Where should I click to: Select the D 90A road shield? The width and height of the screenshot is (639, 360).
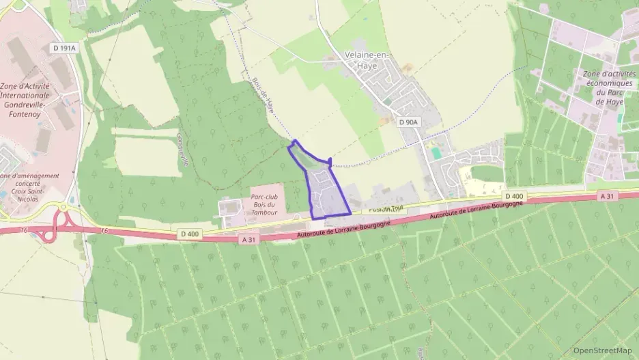[x=407, y=122]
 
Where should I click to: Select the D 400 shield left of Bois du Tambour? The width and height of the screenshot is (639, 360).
[x=190, y=234]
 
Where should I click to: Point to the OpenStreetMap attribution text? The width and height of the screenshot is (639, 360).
[x=602, y=350]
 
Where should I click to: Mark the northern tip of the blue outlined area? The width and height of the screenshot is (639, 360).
[x=294, y=141]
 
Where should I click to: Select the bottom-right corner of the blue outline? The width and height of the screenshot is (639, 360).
[x=350, y=213]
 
